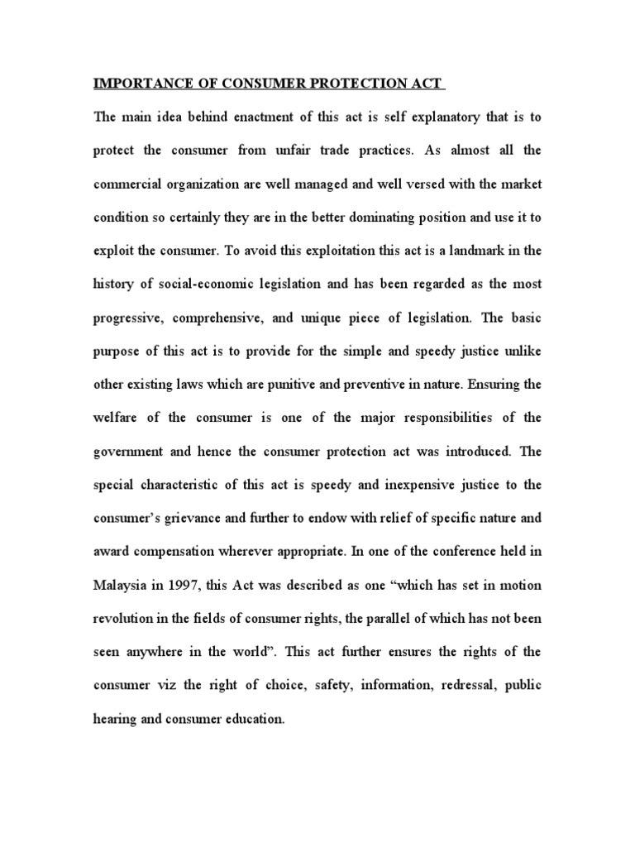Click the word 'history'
click(117, 284)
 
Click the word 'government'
click(133, 451)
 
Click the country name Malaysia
click(125, 584)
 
